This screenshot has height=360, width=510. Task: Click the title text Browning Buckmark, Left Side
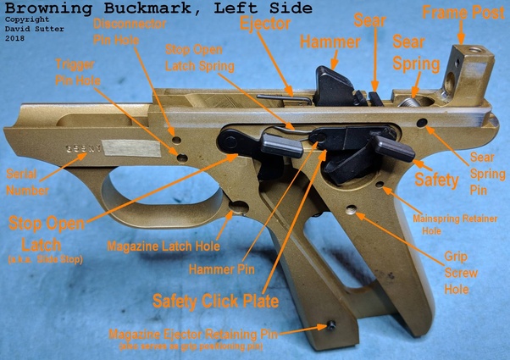(x=157, y=8)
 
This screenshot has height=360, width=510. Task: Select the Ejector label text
(x=264, y=23)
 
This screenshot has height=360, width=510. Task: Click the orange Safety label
(x=436, y=180)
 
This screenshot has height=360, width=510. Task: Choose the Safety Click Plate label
(x=216, y=300)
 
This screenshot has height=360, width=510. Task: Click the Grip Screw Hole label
(x=461, y=271)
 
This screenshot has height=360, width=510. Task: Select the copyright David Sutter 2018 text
(x=29, y=30)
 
